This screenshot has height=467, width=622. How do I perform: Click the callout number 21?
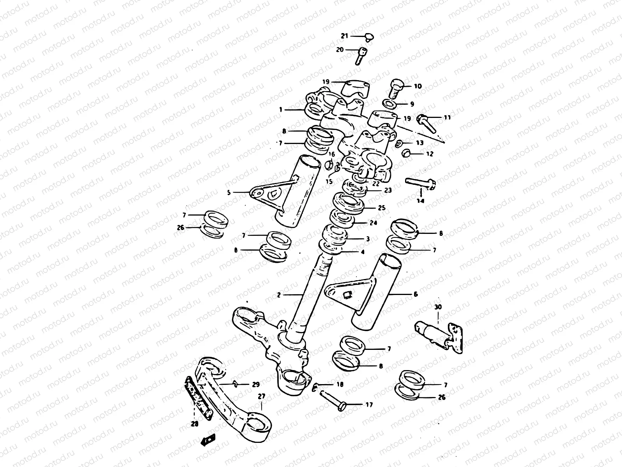coord(344,36)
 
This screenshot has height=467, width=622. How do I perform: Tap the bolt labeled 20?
coord(360,55)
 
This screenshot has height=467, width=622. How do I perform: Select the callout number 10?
coord(418,86)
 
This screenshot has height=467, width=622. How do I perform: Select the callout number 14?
coord(421,201)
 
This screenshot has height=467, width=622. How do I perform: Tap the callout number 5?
coord(229,192)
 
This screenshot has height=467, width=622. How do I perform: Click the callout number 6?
coord(416,295)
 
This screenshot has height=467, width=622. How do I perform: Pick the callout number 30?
coord(438,307)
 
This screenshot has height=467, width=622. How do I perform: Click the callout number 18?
coord(340,384)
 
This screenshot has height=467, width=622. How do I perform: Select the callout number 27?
coord(261,396)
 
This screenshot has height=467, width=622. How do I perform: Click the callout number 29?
coord(255,384)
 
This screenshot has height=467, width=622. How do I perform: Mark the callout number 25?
coord(382,208)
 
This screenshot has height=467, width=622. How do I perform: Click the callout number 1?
coord(280,110)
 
